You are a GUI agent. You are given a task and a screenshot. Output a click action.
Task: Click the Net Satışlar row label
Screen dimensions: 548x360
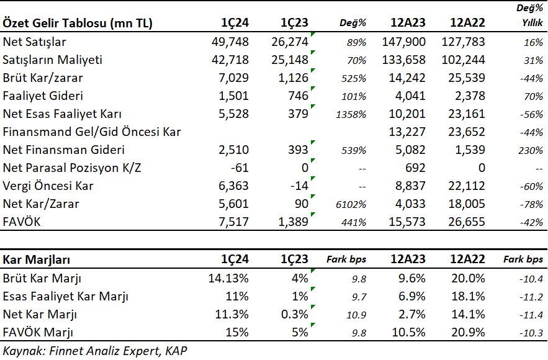point(34,42)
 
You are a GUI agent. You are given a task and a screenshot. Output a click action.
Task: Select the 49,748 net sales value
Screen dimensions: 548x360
point(230,42)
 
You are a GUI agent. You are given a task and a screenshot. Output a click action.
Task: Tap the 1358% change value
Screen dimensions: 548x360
point(351,115)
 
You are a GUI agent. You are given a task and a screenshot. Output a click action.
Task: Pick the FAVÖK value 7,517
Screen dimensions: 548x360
point(233,222)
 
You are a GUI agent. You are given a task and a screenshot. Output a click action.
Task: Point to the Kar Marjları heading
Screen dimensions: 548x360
point(37,259)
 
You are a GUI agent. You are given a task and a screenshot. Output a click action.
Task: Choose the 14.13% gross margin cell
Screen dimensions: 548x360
point(228,278)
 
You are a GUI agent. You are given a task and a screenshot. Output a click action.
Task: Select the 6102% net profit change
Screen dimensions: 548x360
point(351,204)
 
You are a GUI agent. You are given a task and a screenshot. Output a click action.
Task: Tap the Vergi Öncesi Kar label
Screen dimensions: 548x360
point(48,186)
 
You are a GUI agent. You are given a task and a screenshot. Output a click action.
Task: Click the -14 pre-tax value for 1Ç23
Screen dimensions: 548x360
point(299,186)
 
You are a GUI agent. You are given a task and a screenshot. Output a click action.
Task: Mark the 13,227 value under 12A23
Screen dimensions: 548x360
point(407,132)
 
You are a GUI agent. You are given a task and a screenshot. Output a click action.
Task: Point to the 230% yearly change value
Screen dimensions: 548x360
point(531,151)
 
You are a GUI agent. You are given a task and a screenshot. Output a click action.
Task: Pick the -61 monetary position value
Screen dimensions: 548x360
point(240,168)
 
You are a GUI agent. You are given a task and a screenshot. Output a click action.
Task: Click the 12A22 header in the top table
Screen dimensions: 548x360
point(467,23)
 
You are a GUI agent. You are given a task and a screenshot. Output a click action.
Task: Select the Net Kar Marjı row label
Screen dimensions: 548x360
point(40,315)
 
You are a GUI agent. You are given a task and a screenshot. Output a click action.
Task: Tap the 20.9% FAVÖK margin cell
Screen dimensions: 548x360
point(468,333)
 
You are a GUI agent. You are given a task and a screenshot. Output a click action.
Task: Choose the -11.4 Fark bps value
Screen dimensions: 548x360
point(531,315)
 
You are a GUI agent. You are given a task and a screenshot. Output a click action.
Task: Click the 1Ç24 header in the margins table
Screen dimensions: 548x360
point(235,259)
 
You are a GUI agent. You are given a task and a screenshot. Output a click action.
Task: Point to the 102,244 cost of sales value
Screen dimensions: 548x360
point(463,60)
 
